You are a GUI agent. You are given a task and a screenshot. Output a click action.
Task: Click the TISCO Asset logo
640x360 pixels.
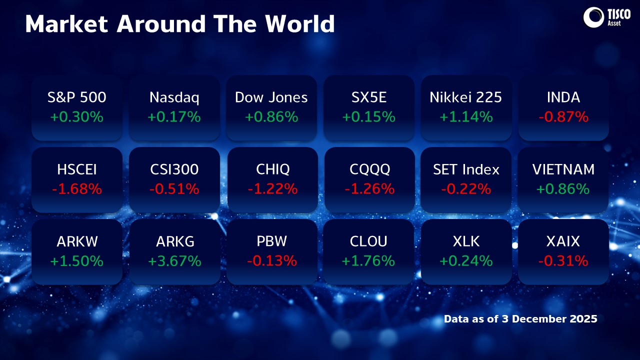[603, 17]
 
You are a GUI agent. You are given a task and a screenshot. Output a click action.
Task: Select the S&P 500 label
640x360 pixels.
[77, 97]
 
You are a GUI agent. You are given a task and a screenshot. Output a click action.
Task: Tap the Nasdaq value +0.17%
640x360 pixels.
[174, 117]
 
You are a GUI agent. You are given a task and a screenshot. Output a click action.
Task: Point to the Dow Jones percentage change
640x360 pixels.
[271, 117]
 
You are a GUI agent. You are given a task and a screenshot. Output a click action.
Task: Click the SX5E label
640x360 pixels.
[369, 97]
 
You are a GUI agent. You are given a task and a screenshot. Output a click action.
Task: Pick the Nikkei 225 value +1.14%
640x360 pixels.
[466, 117]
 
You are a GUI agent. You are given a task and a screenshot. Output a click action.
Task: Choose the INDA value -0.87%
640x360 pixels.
[563, 117]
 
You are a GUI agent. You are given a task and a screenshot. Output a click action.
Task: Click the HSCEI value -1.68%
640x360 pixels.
[77, 189]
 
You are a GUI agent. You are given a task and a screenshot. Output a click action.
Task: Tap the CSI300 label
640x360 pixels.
[174, 169]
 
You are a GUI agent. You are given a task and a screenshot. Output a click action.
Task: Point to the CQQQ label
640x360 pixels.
[369, 169]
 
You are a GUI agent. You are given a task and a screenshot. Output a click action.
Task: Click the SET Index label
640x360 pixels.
[466, 169]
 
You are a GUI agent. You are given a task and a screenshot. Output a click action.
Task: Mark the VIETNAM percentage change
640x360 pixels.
[563, 189]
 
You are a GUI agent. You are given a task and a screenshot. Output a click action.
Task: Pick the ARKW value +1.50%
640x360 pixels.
[77, 261]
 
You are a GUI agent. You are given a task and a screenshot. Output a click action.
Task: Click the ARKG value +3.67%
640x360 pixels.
[174, 261]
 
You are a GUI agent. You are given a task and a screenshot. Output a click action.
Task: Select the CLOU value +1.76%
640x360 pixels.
[369, 261]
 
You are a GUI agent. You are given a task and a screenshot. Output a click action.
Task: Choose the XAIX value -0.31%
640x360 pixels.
[563, 261]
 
